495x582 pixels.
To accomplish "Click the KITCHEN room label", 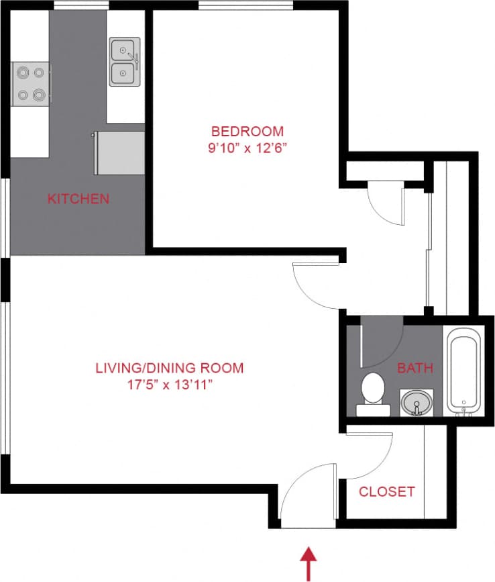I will pos(78,199).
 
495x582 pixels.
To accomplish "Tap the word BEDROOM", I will pos(248,131).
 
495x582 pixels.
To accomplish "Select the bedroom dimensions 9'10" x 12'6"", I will pos(248,148).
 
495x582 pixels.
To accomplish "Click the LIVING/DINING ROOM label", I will pos(170,368).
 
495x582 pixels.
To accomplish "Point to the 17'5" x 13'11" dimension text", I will pos(170,385).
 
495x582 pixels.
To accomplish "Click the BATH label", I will pos(415,368).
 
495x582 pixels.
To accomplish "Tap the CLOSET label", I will pos(386,491).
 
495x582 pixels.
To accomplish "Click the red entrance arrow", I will pos(309,563).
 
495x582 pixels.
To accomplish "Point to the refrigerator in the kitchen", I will pos(121,152).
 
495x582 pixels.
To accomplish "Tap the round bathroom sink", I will pos(416,403).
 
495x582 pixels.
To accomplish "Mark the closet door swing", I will pos(368,456).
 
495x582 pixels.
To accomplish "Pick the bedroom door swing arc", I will pos(317,285).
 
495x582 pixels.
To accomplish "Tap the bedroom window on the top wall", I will pos(245,6).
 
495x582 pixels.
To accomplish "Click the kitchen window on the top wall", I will pos(81,6).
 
